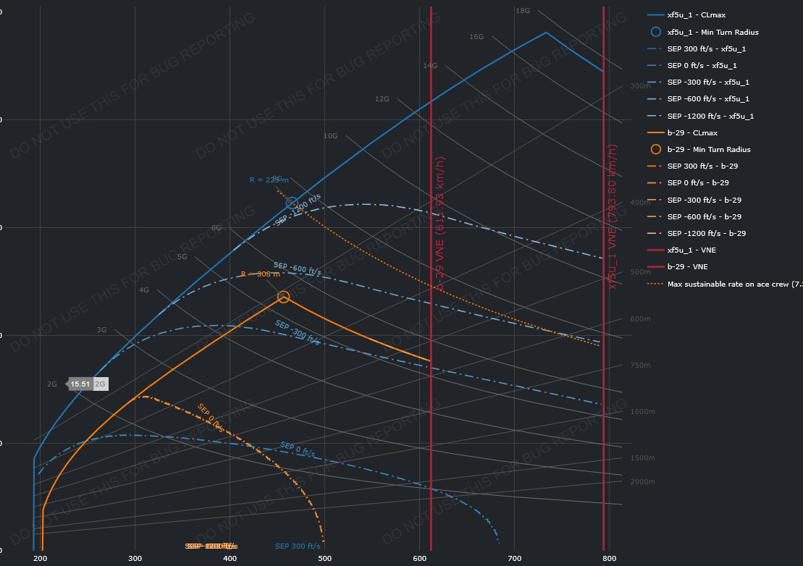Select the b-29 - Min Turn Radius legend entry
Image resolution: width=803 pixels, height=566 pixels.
pos(708,149)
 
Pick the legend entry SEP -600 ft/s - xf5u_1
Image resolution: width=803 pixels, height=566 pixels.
pos(707,99)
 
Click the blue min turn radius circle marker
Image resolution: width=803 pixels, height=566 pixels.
pos(292,203)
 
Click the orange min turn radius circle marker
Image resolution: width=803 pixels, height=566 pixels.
pos(283,297)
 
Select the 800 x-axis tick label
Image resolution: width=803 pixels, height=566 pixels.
pos(609,559)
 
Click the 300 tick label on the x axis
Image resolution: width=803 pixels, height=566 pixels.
pos(135,559)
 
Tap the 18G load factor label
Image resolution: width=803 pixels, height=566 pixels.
pos(523,11)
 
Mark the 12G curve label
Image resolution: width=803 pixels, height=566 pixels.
pos(382,99)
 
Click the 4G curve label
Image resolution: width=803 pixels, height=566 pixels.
pos(144,290)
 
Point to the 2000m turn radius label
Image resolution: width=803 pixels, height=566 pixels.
pos(643,481)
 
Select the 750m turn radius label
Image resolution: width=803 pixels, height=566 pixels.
pos(641,366)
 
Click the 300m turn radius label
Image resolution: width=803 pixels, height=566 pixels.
pos(641,86)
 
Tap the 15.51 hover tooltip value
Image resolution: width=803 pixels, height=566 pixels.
pos(80,384)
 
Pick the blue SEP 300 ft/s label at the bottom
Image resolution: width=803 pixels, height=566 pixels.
pos(298,546)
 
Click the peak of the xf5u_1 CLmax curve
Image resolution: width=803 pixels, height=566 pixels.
pos(546,33)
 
